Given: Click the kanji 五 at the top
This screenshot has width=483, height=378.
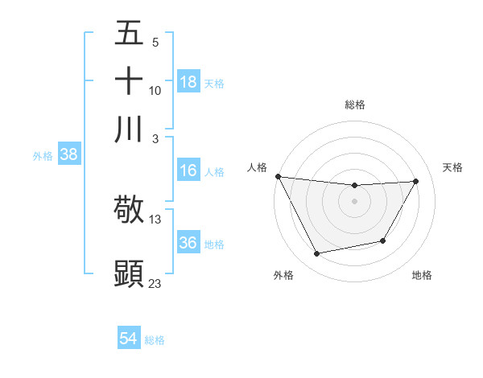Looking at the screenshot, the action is (129, 34).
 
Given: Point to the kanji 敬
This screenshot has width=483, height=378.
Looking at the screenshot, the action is (129, 209).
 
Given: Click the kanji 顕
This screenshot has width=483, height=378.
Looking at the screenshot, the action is (129, 273).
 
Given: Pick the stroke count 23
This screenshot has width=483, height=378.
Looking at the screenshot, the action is (155, 282).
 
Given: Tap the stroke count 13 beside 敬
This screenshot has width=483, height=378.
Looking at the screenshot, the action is (155, 219).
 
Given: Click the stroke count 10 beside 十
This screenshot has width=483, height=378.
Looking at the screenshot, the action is (155, 90).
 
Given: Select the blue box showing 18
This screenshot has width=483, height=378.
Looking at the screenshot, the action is (188, 82).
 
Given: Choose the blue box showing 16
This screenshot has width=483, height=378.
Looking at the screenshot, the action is (188, 171).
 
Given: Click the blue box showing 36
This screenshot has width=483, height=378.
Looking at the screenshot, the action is (188, 243).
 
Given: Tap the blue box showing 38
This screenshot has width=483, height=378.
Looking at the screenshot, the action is (68, 155).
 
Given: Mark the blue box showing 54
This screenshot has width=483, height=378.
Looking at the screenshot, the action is (128, 339).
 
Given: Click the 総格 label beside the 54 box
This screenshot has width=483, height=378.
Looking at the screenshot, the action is (155, 340).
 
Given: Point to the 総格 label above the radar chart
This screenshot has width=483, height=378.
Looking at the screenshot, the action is (355, 105).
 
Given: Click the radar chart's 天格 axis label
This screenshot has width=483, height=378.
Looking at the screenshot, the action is (453, 167).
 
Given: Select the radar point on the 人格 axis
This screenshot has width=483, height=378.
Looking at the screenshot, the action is (278, 176).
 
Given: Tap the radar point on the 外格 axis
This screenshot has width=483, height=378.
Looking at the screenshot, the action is (317, 254).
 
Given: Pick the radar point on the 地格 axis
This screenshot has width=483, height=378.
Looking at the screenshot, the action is (383, 240).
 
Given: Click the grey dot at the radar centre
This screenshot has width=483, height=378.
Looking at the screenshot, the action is (354, 200).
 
